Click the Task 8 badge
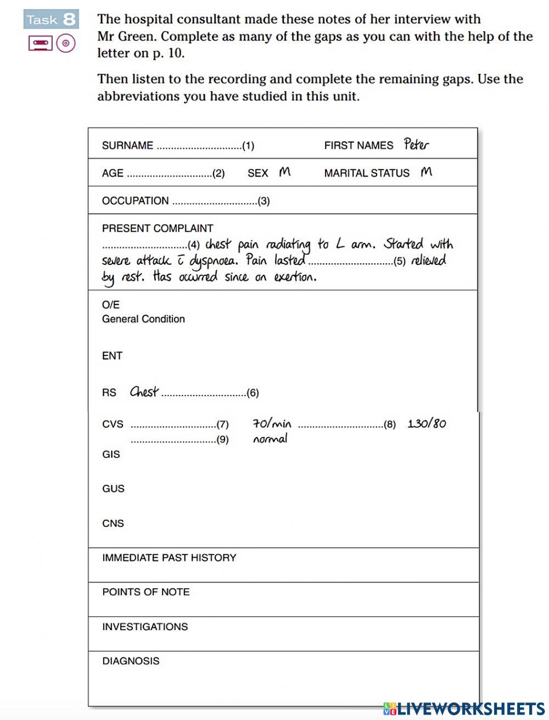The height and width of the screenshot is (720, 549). click(x=51, y=20)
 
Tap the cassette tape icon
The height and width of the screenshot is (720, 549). click(x=40, y=43)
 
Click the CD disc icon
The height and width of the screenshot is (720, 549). click(x=66, y=43)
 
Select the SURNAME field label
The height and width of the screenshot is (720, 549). click(x=127, y=145)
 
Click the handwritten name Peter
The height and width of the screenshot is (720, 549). click(x=416, y=144)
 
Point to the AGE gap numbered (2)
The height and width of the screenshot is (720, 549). click(x=175, y=173)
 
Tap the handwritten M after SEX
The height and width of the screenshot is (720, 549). click(x=284, y=172)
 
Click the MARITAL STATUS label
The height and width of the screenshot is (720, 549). click(x=367, y=173)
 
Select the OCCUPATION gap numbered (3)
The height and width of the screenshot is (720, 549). click(x=220, y=201)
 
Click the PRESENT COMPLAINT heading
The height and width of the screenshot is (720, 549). click(x=158, y=228)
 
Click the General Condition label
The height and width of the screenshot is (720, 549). click(x=143, y=319)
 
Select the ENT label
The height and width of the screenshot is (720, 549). click(x=112, y=356)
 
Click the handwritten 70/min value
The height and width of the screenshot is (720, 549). click(x=272, y=423)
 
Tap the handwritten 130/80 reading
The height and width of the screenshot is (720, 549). click(x=427, y=423)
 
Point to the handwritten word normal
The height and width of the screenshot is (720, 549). click(x=270, y=439)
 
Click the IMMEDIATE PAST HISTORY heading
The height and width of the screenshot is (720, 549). click(x=169, y=558)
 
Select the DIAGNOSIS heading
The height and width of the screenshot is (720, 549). click(x=131, y=661)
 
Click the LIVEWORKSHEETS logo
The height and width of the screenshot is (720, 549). click(x=464, y=708)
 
